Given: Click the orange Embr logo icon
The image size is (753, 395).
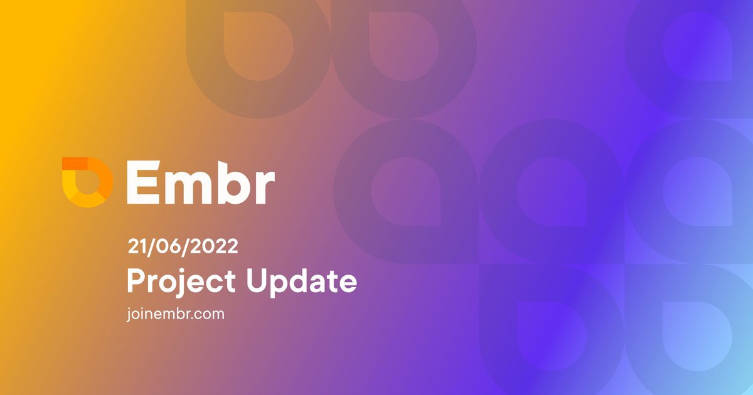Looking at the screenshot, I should tap(87, 182).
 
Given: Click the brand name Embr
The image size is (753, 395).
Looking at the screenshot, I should tap(200, 181).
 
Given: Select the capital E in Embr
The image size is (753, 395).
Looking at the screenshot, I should tap(142, 181).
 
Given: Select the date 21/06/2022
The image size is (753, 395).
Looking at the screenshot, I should tap(183, 246).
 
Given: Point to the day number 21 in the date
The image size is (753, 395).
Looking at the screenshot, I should tap(136, 246).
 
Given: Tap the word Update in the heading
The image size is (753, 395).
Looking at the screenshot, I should tap(301, 282).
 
